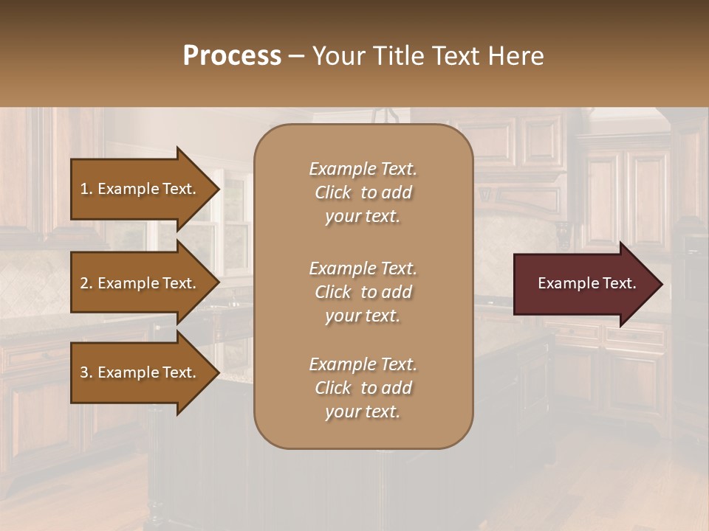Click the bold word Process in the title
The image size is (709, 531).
click(x=232, y=56)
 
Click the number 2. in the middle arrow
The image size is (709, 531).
click(x=86, y=283)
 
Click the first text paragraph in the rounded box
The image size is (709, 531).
click(x=363, y=192)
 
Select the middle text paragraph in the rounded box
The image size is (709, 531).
click(x=363, y=292)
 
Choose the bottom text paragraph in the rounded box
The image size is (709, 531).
click(x=363, y=388)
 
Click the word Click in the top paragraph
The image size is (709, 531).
click(x=333, y=192)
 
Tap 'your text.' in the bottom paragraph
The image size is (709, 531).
click(x=363, y=412)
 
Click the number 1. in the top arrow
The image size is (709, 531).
click(x=86, y=189)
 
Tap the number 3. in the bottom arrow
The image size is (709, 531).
click(x=86, y=372)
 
